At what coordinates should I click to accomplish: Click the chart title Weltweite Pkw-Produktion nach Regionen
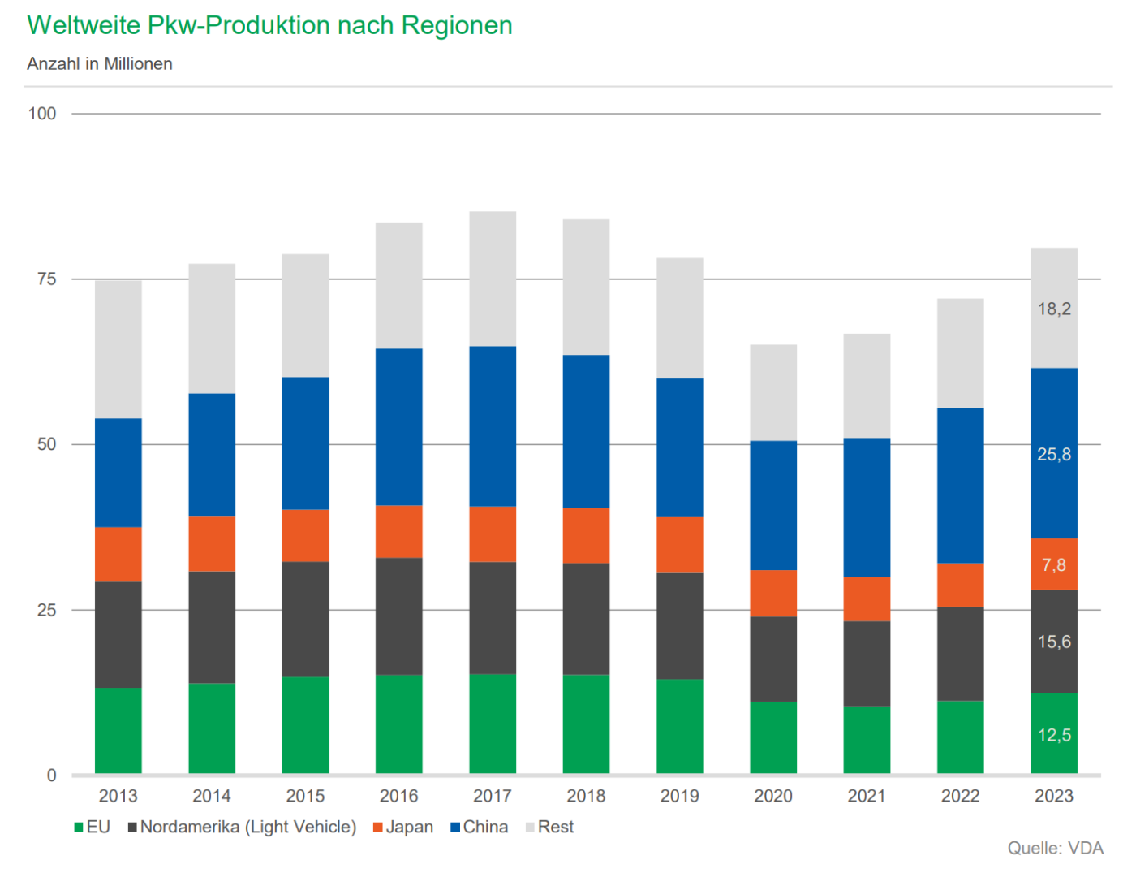coord(269,25)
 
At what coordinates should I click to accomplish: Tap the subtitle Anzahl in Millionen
coord(100,64)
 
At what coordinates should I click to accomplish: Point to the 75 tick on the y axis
coord(46,279)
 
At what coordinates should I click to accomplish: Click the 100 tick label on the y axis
coord(42,114)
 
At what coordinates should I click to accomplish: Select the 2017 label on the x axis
coord(493,796)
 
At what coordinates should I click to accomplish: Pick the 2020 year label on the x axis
coord(773,796)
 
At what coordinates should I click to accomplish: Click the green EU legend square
coord(79,828)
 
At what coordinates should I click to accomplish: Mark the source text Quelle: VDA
coord(1055,848)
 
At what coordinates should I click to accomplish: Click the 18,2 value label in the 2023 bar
coord(1054,309)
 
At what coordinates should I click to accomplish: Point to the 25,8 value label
coord(1054,455)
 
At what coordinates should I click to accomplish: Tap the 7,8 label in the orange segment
coord(1054,564)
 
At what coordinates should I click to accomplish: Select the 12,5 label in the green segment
coord(1054,735)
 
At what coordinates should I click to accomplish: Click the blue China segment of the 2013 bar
coord(118,473)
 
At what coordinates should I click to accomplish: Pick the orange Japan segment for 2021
coord(867,599)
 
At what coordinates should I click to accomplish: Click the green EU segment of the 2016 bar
coord(399,724)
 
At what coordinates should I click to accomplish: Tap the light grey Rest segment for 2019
coord(680,318)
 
